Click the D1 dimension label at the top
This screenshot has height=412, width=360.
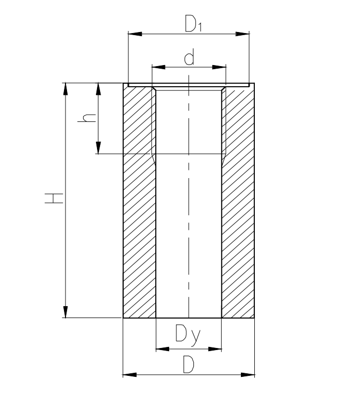193,23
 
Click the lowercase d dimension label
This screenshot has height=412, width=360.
189,56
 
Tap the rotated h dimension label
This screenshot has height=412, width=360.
87,118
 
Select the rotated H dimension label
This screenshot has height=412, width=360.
54,198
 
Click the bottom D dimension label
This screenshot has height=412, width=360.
189,364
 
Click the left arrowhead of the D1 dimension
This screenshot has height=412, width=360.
135,34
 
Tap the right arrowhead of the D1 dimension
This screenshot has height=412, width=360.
242,34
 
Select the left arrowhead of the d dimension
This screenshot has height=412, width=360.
158,67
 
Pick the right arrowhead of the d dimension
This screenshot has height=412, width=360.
219,67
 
